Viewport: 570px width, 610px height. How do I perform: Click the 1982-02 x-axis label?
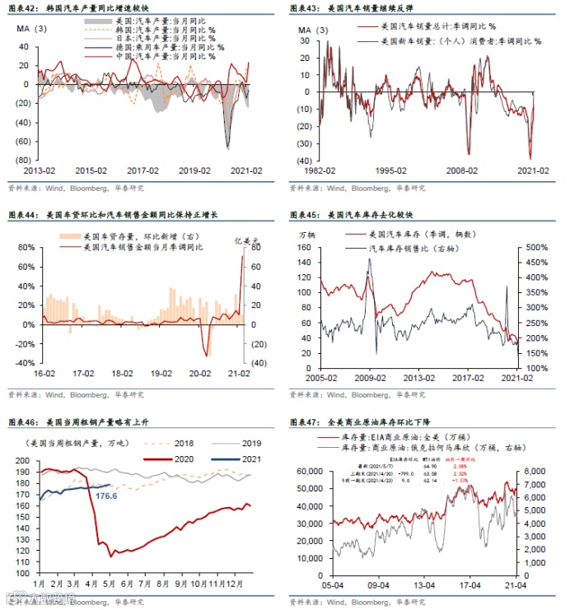coord(317,172)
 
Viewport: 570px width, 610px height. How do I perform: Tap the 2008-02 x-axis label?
coord(461,172)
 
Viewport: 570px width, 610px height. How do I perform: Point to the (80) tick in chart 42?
coord(22,160)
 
